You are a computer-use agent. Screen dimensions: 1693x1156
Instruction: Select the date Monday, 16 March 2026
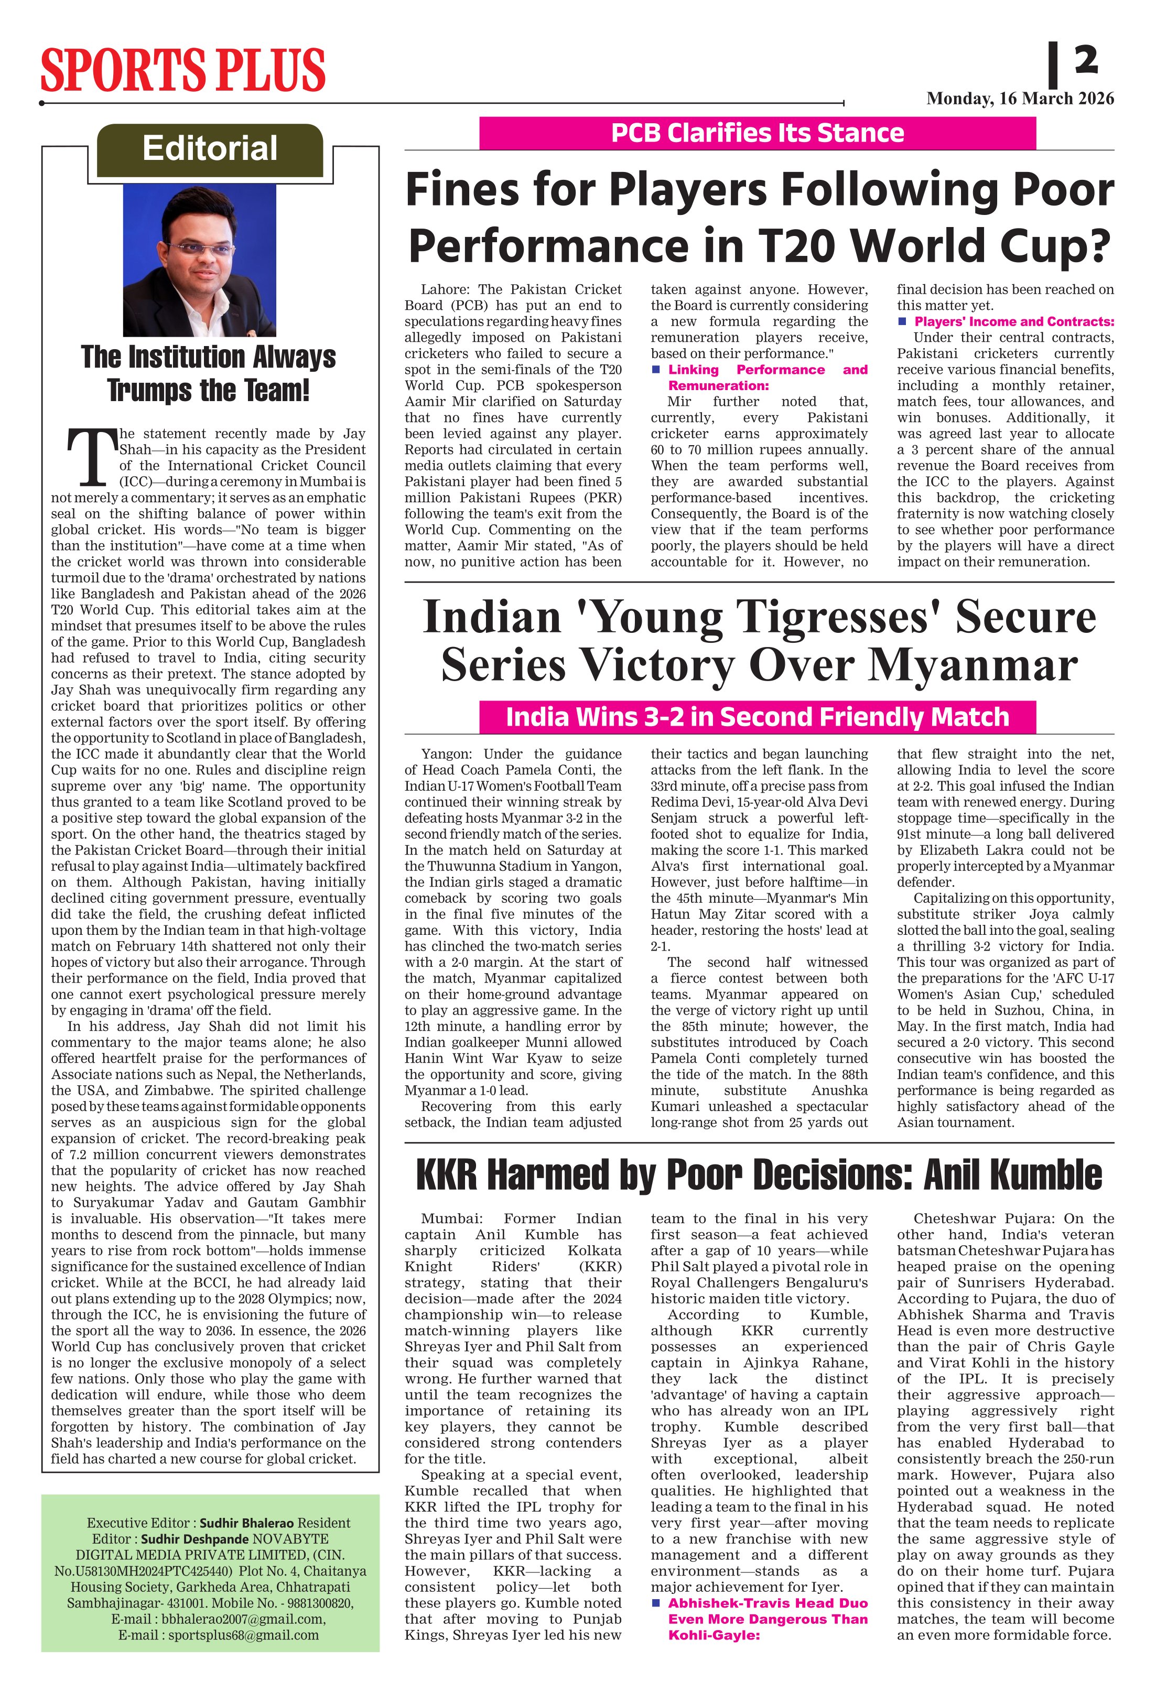pyautogui.click(x=1020, y=99)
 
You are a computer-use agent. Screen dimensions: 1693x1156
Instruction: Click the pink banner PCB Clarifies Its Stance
pyautogui.click(x=757, y=133)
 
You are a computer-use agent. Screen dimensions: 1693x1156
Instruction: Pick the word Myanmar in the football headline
pyautogui.click(x=973, y=665)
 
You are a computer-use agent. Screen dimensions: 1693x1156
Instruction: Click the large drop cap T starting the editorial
pyautogui.click(x=92, y=458)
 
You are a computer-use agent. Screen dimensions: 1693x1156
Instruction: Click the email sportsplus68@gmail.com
pyautogui.click(x=243, y=1635)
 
